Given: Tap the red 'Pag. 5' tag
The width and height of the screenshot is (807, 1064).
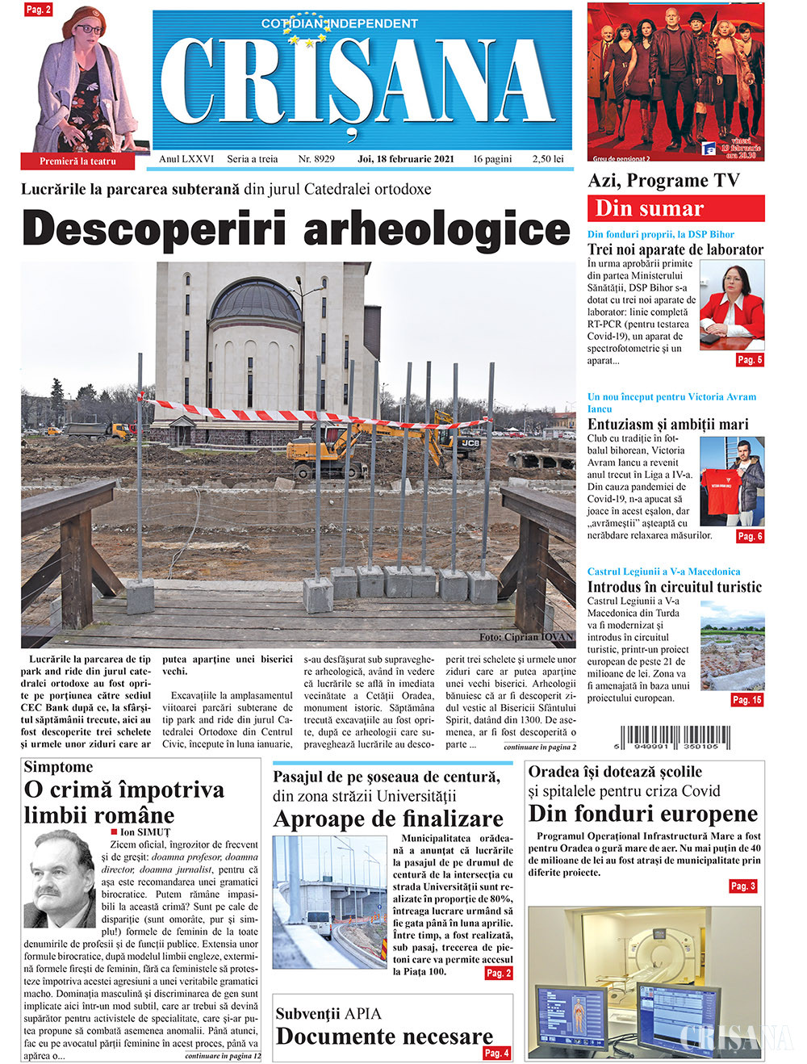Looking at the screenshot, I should [x=749, y=360].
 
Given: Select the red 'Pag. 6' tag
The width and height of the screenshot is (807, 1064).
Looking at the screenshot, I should [x=749, y=536].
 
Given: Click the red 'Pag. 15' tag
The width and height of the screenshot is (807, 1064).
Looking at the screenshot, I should [x=746, y=700].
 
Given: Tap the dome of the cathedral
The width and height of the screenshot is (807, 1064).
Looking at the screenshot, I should [x=256, y=300].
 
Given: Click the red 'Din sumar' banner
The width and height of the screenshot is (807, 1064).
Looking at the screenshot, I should [x=675, y=208].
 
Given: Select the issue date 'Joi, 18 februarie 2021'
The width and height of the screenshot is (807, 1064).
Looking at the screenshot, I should [x=405, y=159].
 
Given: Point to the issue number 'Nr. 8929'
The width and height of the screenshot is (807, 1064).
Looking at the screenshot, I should [x=316, y=159].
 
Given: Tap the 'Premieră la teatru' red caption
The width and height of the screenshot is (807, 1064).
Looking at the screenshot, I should [x=78, y=161].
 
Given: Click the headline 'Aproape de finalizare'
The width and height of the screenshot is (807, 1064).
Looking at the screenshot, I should [x=388, y=819].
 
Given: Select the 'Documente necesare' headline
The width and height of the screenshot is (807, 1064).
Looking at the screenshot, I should [x=384, y=1036].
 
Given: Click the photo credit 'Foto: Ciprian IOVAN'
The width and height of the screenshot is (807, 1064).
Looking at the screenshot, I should [x=525, y=637].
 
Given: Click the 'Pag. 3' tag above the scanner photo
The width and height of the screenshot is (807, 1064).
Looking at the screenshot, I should [x=742, y=886].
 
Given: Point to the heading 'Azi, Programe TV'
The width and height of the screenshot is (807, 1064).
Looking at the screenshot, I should [x=663, y=181].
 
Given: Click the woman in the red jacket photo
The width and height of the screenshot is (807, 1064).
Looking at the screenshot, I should [x=730, y=304].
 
